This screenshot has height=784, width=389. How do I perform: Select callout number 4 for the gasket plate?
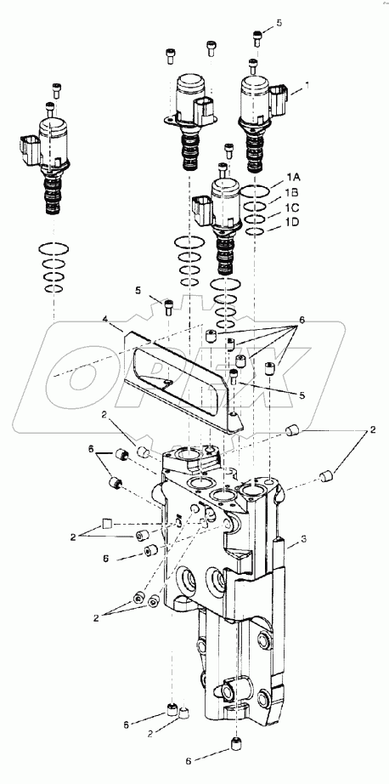coord(106,321)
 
